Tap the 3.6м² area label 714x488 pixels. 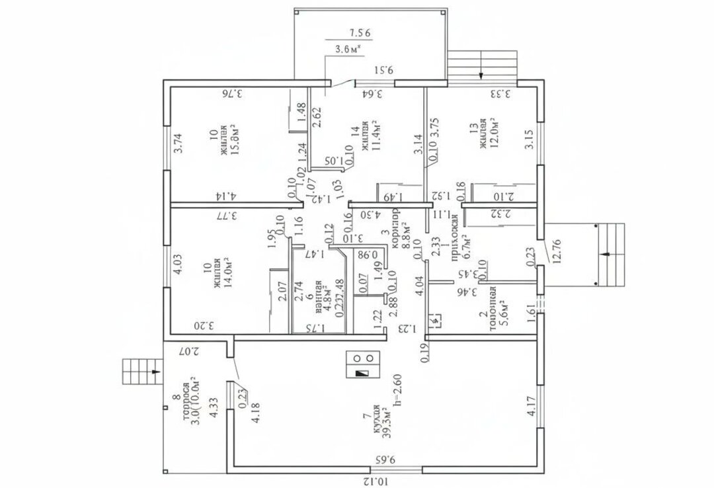348,48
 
